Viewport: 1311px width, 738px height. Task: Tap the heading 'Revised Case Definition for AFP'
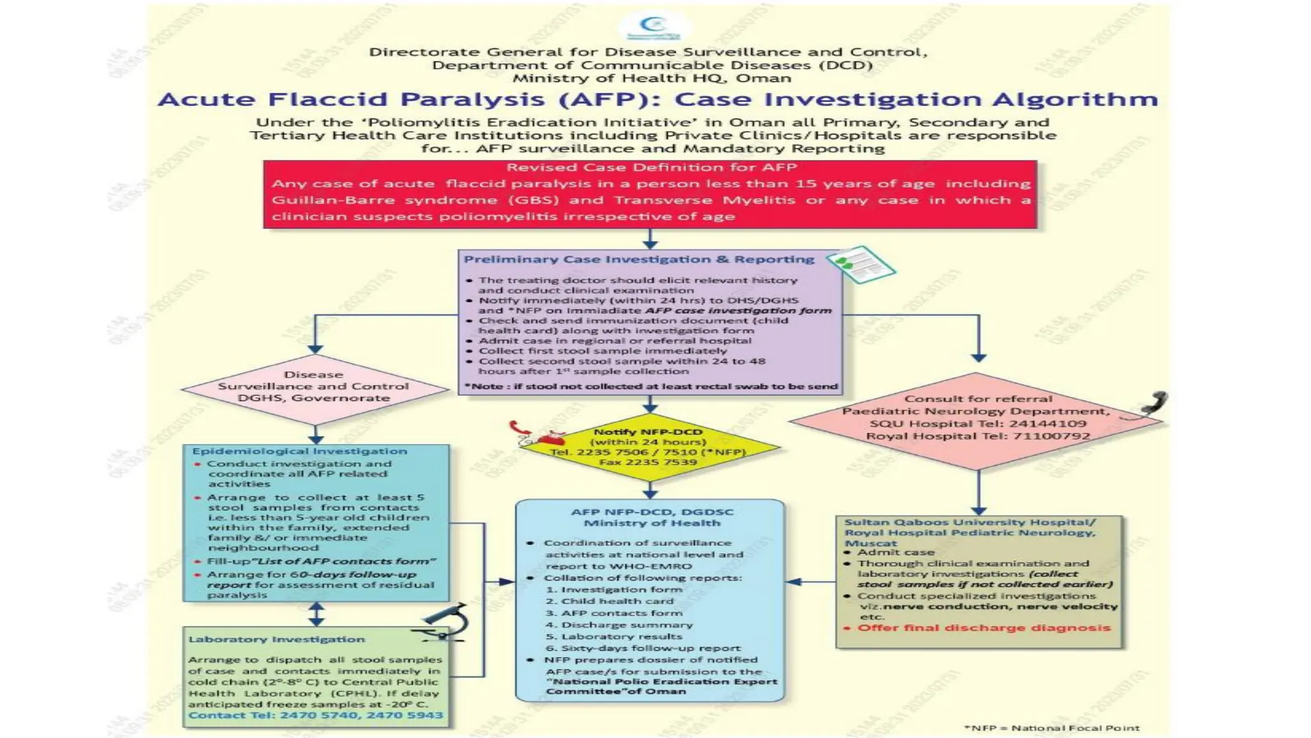(x=651, y=168)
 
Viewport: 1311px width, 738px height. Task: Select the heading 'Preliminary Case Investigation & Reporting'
(x=639, y=259)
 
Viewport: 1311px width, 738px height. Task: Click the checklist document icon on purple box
(x=860, y=263)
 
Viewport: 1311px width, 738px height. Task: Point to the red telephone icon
(x=538, y=434)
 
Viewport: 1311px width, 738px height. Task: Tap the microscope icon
(x=444, y=622)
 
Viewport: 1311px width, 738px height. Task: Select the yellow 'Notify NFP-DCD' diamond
(x=649, y=447)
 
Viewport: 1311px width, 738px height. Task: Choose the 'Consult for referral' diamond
(x=977, y=418)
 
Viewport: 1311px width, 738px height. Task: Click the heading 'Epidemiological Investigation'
(x=300, y=452)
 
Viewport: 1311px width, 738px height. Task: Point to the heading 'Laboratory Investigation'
(x=277, y=639)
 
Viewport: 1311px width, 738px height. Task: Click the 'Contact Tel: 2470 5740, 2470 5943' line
(x=316, y=716)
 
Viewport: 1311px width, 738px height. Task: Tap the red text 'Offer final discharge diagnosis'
(x=983, y=628)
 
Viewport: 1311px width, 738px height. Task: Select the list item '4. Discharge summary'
(x=619, y=625)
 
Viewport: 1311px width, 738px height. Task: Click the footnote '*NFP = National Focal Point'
(x=1051, y=728)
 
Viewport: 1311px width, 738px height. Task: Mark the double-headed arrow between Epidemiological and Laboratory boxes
(x=316, y=614)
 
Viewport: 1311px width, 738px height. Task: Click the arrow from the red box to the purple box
(x=650, y=239)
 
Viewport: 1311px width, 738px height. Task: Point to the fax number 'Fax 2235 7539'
(x=648, y=463)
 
